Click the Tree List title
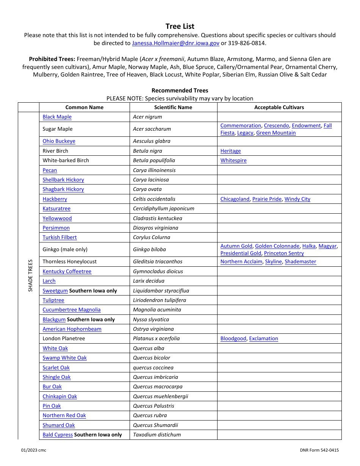[180, 26]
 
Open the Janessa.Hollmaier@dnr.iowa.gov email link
[175, 43]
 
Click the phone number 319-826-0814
[246, 43]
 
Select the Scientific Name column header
[173, 107]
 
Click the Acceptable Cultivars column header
[279, 107]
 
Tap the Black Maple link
[57, 117]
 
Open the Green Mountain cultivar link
[276, 133]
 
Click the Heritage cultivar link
[230, 151]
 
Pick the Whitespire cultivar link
[233, 161]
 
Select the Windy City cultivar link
[297, 199]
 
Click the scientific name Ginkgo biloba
[149, 250]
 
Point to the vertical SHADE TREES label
[30, 275]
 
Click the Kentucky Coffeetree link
[67, 272]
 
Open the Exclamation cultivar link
[263, 339]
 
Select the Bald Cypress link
[58, 435]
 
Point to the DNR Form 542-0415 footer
[319, 450]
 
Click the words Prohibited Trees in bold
[52, 59]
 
